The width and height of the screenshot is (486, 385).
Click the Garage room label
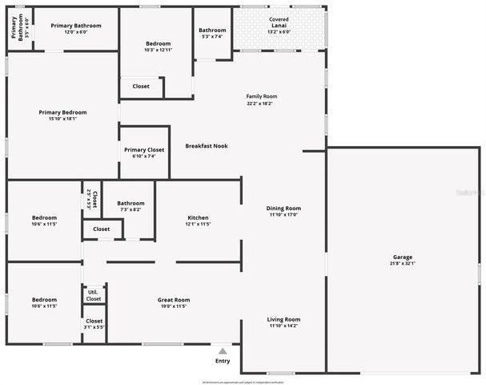[403, 257]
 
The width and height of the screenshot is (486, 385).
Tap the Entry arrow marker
[223, 351]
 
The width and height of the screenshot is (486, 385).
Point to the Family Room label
[261, 96]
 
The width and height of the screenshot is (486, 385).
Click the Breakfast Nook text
[207, 146]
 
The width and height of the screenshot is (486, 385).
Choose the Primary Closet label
[144, 150]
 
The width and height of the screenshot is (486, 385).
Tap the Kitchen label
[198, 218]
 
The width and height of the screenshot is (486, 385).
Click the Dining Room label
[283, 209]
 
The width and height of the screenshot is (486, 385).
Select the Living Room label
[283, 320]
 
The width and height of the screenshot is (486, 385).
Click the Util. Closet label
[94, 294]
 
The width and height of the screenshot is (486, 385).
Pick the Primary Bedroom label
[62, 112]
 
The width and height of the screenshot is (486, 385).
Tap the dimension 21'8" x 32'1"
[403, 264]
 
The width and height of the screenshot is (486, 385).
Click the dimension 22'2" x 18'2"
[261, 103]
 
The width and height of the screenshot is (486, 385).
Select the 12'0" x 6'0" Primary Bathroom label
[76, 28]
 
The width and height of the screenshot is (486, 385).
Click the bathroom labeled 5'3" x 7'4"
[212, 33]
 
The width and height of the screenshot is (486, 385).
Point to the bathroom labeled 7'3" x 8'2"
[131, 206]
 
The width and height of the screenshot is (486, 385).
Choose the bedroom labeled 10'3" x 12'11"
[158, 46]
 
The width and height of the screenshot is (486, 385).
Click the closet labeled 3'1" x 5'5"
[94, 324]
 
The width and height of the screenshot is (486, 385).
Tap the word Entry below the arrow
[223, 361]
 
